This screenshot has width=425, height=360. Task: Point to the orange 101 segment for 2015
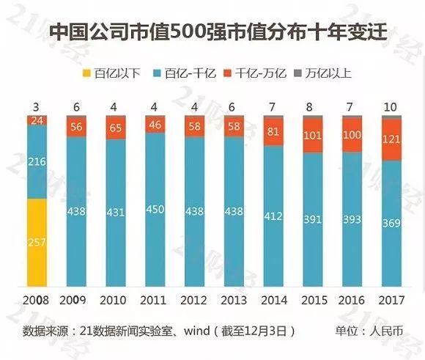coord(314,136)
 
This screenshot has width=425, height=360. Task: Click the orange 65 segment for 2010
coord(116,127)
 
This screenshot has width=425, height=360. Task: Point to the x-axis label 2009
coord(76,301)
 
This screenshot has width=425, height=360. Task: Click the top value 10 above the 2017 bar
coord(392,106)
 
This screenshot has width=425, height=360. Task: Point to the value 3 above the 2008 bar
coord(37,106)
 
